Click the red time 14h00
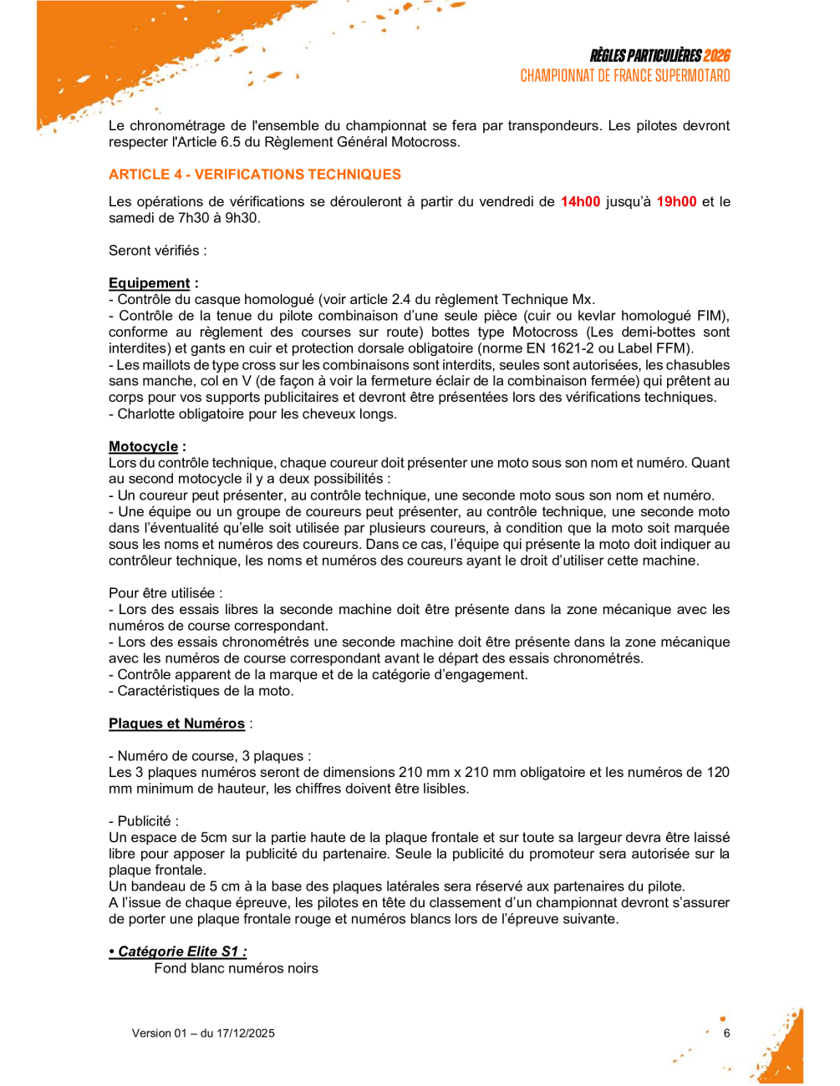coord(580,201)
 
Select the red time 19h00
coord(676,201)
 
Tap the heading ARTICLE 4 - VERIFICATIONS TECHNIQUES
coord(254,174)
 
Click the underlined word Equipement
coord(150,283)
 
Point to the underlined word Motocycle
coord(143,446)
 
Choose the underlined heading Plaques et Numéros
coord(176,723)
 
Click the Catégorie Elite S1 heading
coord(178,952)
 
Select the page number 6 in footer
coord(727,1033)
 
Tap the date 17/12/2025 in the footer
coord(246,1033)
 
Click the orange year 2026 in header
coord(716,55)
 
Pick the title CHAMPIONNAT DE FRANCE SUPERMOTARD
coord(625,76)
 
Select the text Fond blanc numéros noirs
coord(236,968)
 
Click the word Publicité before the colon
coord(144,821)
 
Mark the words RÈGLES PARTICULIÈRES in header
coord(645,55)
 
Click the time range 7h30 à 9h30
coord(216,218)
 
